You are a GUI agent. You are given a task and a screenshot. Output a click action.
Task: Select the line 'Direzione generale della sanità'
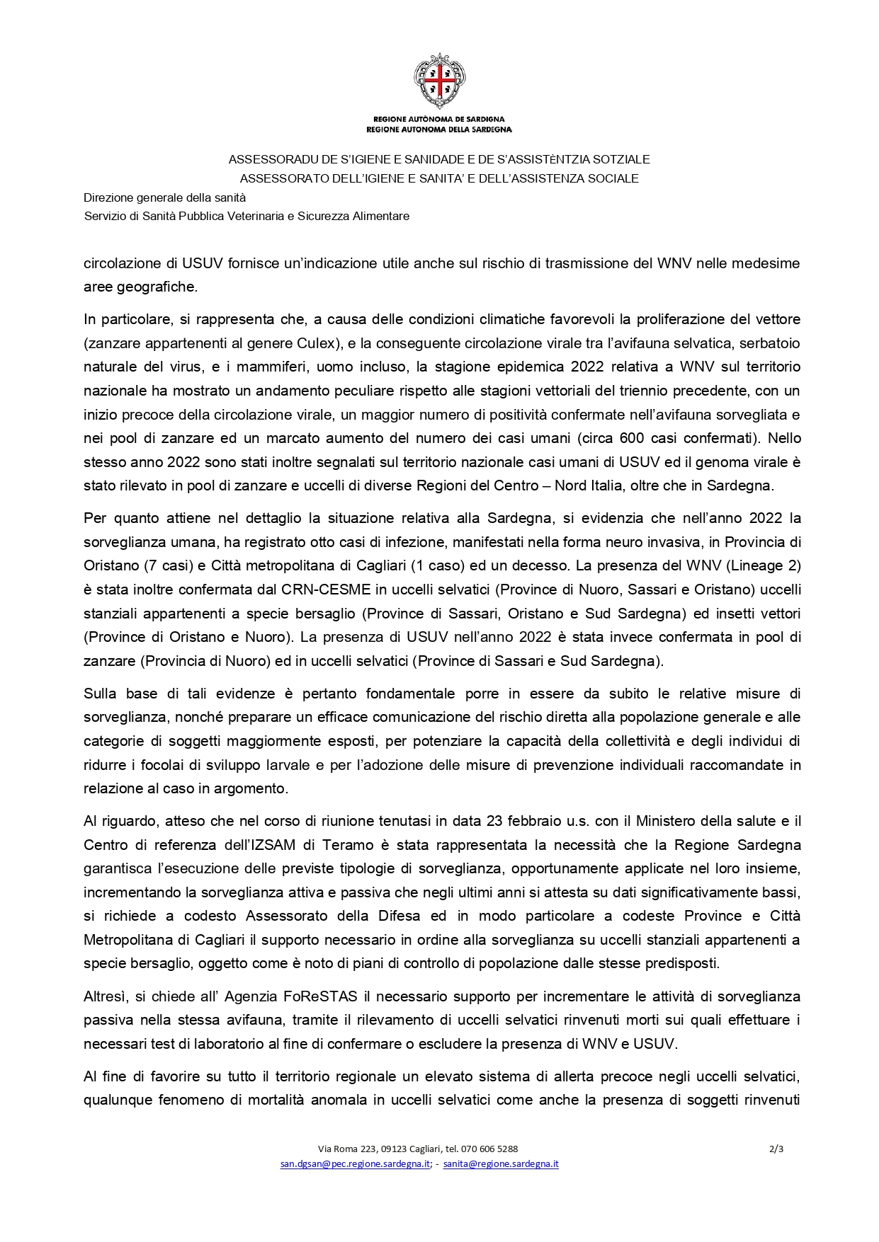[x=164, y=197]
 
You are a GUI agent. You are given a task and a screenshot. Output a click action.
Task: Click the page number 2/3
[x=776, y=1149]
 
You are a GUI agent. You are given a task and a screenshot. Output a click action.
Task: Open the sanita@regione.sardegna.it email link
[x=501, y=1163]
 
